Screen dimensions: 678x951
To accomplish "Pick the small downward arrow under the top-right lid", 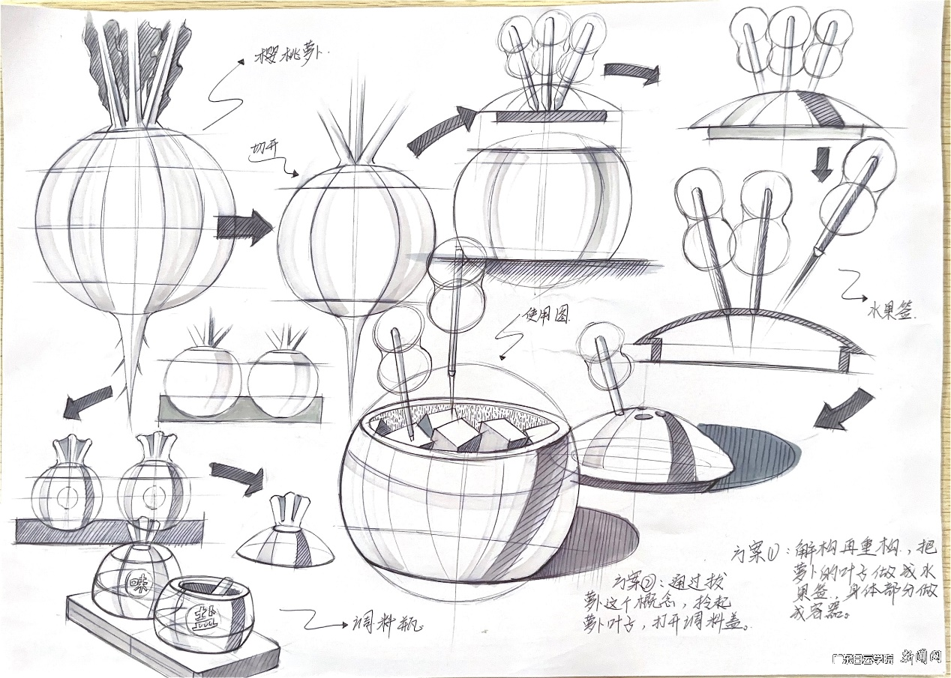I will click(x=822, y=164).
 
